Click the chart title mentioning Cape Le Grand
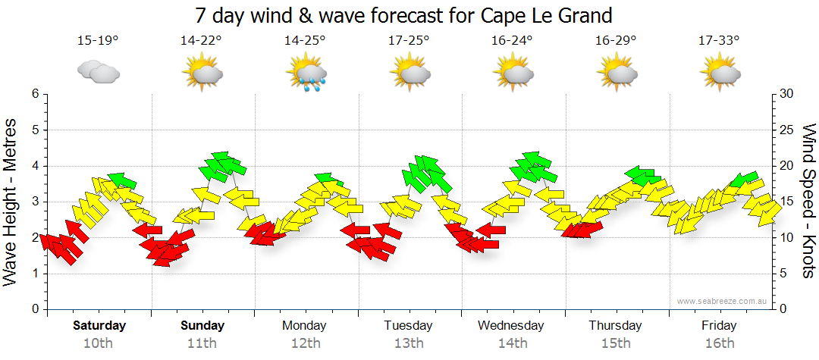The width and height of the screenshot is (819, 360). tap(403, 15)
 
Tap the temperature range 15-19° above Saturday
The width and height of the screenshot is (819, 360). tap(98, 40)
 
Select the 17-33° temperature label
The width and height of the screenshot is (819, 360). tap(719, 40)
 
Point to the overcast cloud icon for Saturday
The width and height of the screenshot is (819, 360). tap(99, 72)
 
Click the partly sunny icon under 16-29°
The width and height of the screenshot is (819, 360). tap(616, 74)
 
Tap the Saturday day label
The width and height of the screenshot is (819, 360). tap(99, 326)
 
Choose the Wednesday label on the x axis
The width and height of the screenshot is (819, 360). tap(511, 326)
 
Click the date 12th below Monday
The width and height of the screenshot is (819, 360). tap(305, 343)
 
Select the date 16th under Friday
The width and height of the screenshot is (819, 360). tap(719, 343)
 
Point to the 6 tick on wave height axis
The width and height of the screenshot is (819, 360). tap(34, 94)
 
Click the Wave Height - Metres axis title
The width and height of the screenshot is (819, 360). tap(11, 201)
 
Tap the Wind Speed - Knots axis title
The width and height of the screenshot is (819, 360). tap(808, 201)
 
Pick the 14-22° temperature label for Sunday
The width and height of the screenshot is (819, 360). tap(202, 40)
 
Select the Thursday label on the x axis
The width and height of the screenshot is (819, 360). tap(616, 326)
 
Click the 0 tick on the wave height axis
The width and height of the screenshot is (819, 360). tap(34, 309)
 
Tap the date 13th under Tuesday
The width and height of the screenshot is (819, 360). tap(409, 343)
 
